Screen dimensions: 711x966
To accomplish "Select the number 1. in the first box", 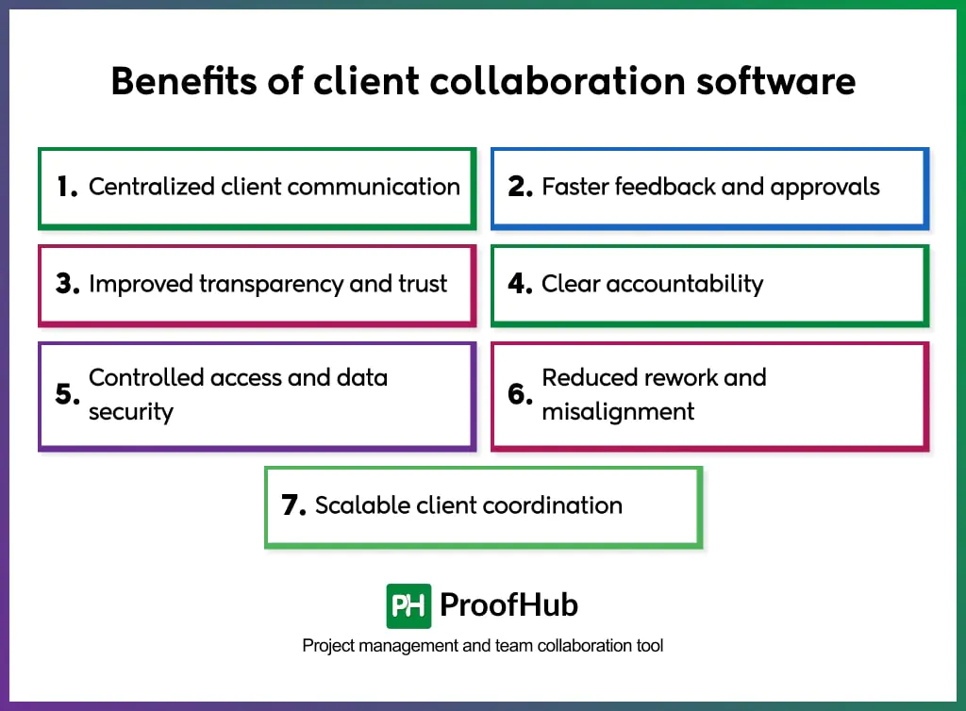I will (x=67, y=187).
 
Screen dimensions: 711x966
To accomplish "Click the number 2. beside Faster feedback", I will (x=521, y=187).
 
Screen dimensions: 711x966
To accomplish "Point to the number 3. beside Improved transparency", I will (x=67, y=284).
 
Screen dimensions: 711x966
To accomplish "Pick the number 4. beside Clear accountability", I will (x=521, y=284).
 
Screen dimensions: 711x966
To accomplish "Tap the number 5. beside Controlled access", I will (x=67, y=394).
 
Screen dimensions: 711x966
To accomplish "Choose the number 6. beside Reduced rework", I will (x=521, y=394).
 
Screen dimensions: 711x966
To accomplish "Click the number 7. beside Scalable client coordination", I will (x=294, y=505).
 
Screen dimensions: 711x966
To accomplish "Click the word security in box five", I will (x=131, y=412).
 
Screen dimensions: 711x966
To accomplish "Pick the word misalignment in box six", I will (x=618, y=412).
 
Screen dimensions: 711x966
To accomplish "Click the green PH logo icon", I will (x=408, y=605).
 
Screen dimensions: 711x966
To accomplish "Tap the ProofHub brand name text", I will (x=510, y=605).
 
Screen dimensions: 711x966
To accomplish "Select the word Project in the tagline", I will (x=326, y=646).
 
